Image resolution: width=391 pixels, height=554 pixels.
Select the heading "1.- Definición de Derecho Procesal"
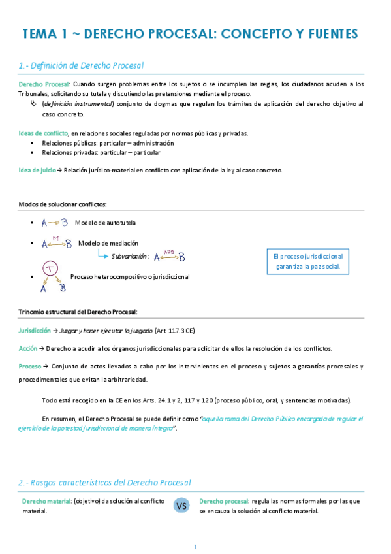pyautogui.click(x=81, y=65)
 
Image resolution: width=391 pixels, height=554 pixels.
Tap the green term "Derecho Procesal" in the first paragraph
pyautogui.click(x=44, y=84)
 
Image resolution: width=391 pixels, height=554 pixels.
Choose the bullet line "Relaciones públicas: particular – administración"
pyautogui.click(x=108, y=143)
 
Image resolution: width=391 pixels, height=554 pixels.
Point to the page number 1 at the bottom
pyautogui.click(x=195, y=547)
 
